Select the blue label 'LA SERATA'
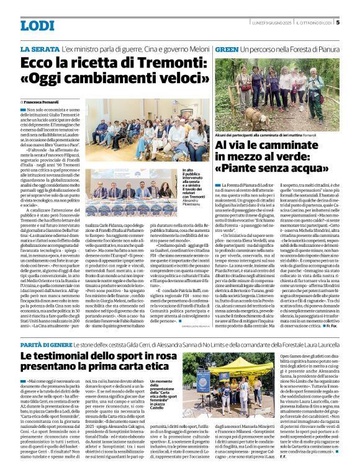click(x=40, y=48)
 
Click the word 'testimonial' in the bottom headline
click(x=91, y=356)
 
